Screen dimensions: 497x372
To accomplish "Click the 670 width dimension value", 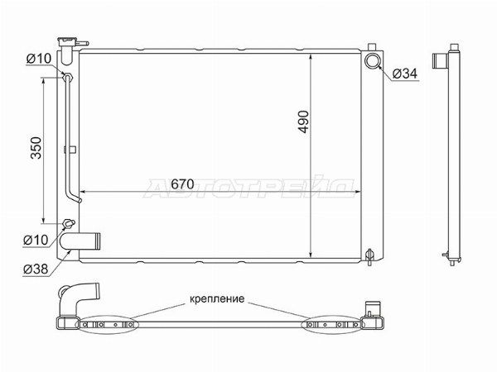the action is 182,184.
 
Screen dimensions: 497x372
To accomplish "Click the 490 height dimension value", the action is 304,122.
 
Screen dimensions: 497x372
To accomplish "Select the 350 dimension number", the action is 36,148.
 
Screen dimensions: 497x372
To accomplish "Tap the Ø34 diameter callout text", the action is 405,74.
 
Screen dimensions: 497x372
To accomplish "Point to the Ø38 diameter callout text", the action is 36,269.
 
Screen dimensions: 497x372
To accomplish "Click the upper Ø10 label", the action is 38,59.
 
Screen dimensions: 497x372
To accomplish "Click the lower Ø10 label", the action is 36,240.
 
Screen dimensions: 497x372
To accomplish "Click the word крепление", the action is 217,298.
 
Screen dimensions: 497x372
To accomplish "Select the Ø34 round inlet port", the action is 372,61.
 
